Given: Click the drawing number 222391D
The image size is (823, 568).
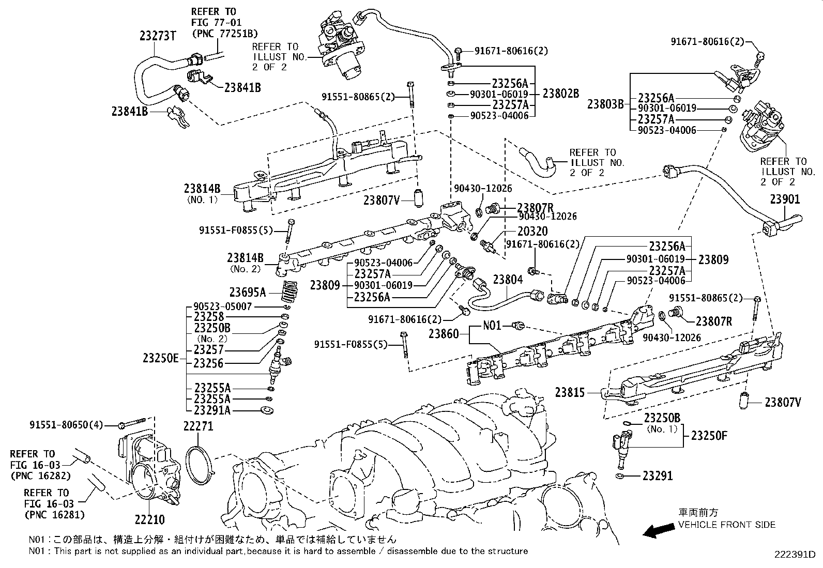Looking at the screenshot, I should point(794,555).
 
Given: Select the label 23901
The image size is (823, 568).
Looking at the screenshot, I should point(785,199).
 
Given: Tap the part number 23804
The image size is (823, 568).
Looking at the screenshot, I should point(508,280).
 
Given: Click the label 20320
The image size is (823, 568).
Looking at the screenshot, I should point(532,231).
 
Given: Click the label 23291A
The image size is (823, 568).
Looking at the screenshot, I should point(212,410).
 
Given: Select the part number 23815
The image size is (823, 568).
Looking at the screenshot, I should point(570,392).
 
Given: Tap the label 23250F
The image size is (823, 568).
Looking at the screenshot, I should point(709,436).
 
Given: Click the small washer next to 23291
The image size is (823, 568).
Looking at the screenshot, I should point(620,475).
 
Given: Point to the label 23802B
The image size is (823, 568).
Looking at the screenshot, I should point(560,94).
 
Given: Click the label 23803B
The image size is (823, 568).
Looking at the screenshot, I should point(606,104).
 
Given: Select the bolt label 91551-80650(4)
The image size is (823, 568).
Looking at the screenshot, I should point(65,425).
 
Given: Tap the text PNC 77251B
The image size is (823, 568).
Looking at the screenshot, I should point(224,34).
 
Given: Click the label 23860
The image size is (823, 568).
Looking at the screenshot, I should point(444,334).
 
